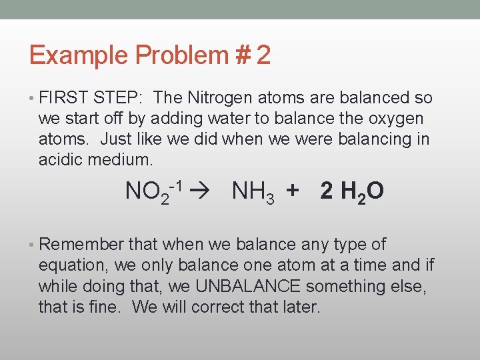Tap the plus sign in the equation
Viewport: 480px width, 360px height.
(291, 192)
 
